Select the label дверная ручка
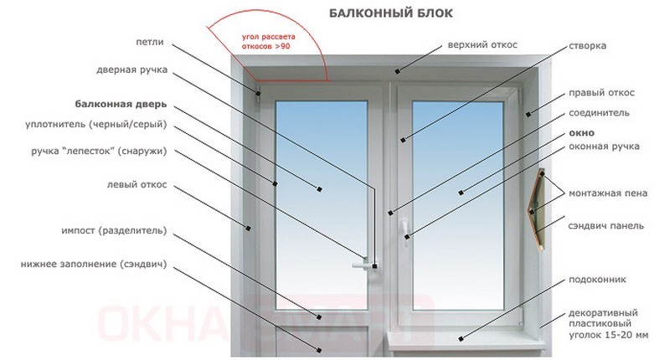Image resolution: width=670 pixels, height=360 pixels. [131, 70]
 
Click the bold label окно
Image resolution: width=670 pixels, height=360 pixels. [581, 131]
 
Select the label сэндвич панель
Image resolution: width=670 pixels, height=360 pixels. [606, 226]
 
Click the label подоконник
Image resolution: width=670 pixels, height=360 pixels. [597, 279]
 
